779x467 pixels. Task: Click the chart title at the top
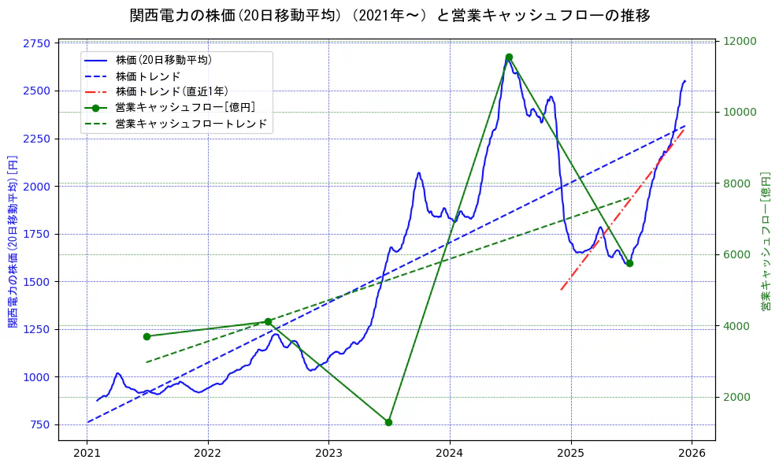[x=389, y=16]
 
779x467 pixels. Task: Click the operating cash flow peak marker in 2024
[x=509, y=57]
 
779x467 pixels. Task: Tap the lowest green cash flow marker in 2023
[x=388, y=422]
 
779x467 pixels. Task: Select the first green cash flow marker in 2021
[x=147, y=336]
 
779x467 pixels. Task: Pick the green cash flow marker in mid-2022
[x=268, y=321]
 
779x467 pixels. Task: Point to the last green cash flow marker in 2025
[x=629, y=263]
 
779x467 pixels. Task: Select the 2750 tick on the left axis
[x=38, y=43]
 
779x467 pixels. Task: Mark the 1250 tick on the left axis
[x=38, y=329]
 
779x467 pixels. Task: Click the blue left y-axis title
[x=12, y=241]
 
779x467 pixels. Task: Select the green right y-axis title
[x=765, y=241]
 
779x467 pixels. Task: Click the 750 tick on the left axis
[x=41, y=424]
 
